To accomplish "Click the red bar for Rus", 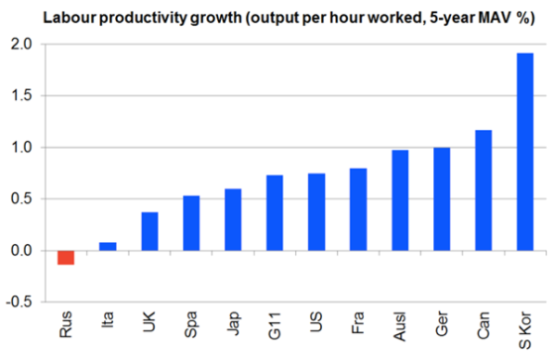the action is pyautogui.click(x=66, y=258).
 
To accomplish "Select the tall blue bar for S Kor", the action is pyautogui.click(x=525, y=152).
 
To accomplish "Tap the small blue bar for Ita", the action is pyautogui.click(x=108, y=247).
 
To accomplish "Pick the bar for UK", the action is pyautogui.click(x=150, y=231).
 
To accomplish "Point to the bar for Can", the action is pyautogui.click(x=484, y=190).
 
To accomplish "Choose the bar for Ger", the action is pyautogui.click(x=442, y=199).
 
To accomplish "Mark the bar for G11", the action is pyautogui.click(x=275, y=213).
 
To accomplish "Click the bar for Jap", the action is pyautogui.click(x=233, y=219).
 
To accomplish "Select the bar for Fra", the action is pyautogui.click(x=358, y=209).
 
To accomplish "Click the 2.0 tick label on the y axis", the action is pyautogui.click(x=21, y=45).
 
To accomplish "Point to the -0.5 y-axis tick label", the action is pyautogui.click(x=19, y=302).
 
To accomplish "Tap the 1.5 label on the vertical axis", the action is pyautogui.click(x=21, y=95).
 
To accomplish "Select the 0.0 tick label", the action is pyautogui.click(x=21, y=251).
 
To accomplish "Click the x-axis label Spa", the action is pyautogui.click(x=191, y=324).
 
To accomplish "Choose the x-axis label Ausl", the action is pyautogui.click(x=400, y=326).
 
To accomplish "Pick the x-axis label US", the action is pyautogui.click(x=316, y=321).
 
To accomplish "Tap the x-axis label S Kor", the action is pyautogui.click(x=525, y=330).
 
